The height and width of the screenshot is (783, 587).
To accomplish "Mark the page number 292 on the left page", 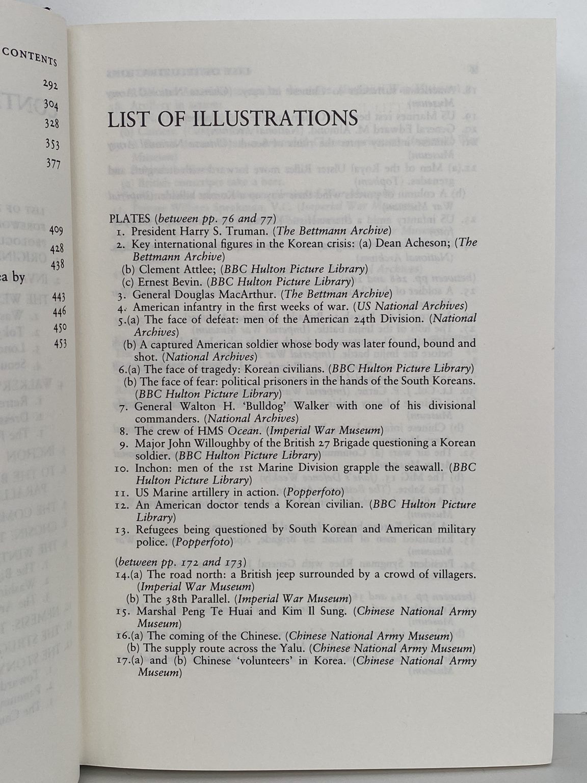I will click(50, 84).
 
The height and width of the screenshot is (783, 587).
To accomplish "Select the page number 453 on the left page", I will click(60, 344).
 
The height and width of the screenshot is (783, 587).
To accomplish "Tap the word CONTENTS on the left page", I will click(30, 57).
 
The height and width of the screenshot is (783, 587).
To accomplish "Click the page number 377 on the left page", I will click(52, 164).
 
